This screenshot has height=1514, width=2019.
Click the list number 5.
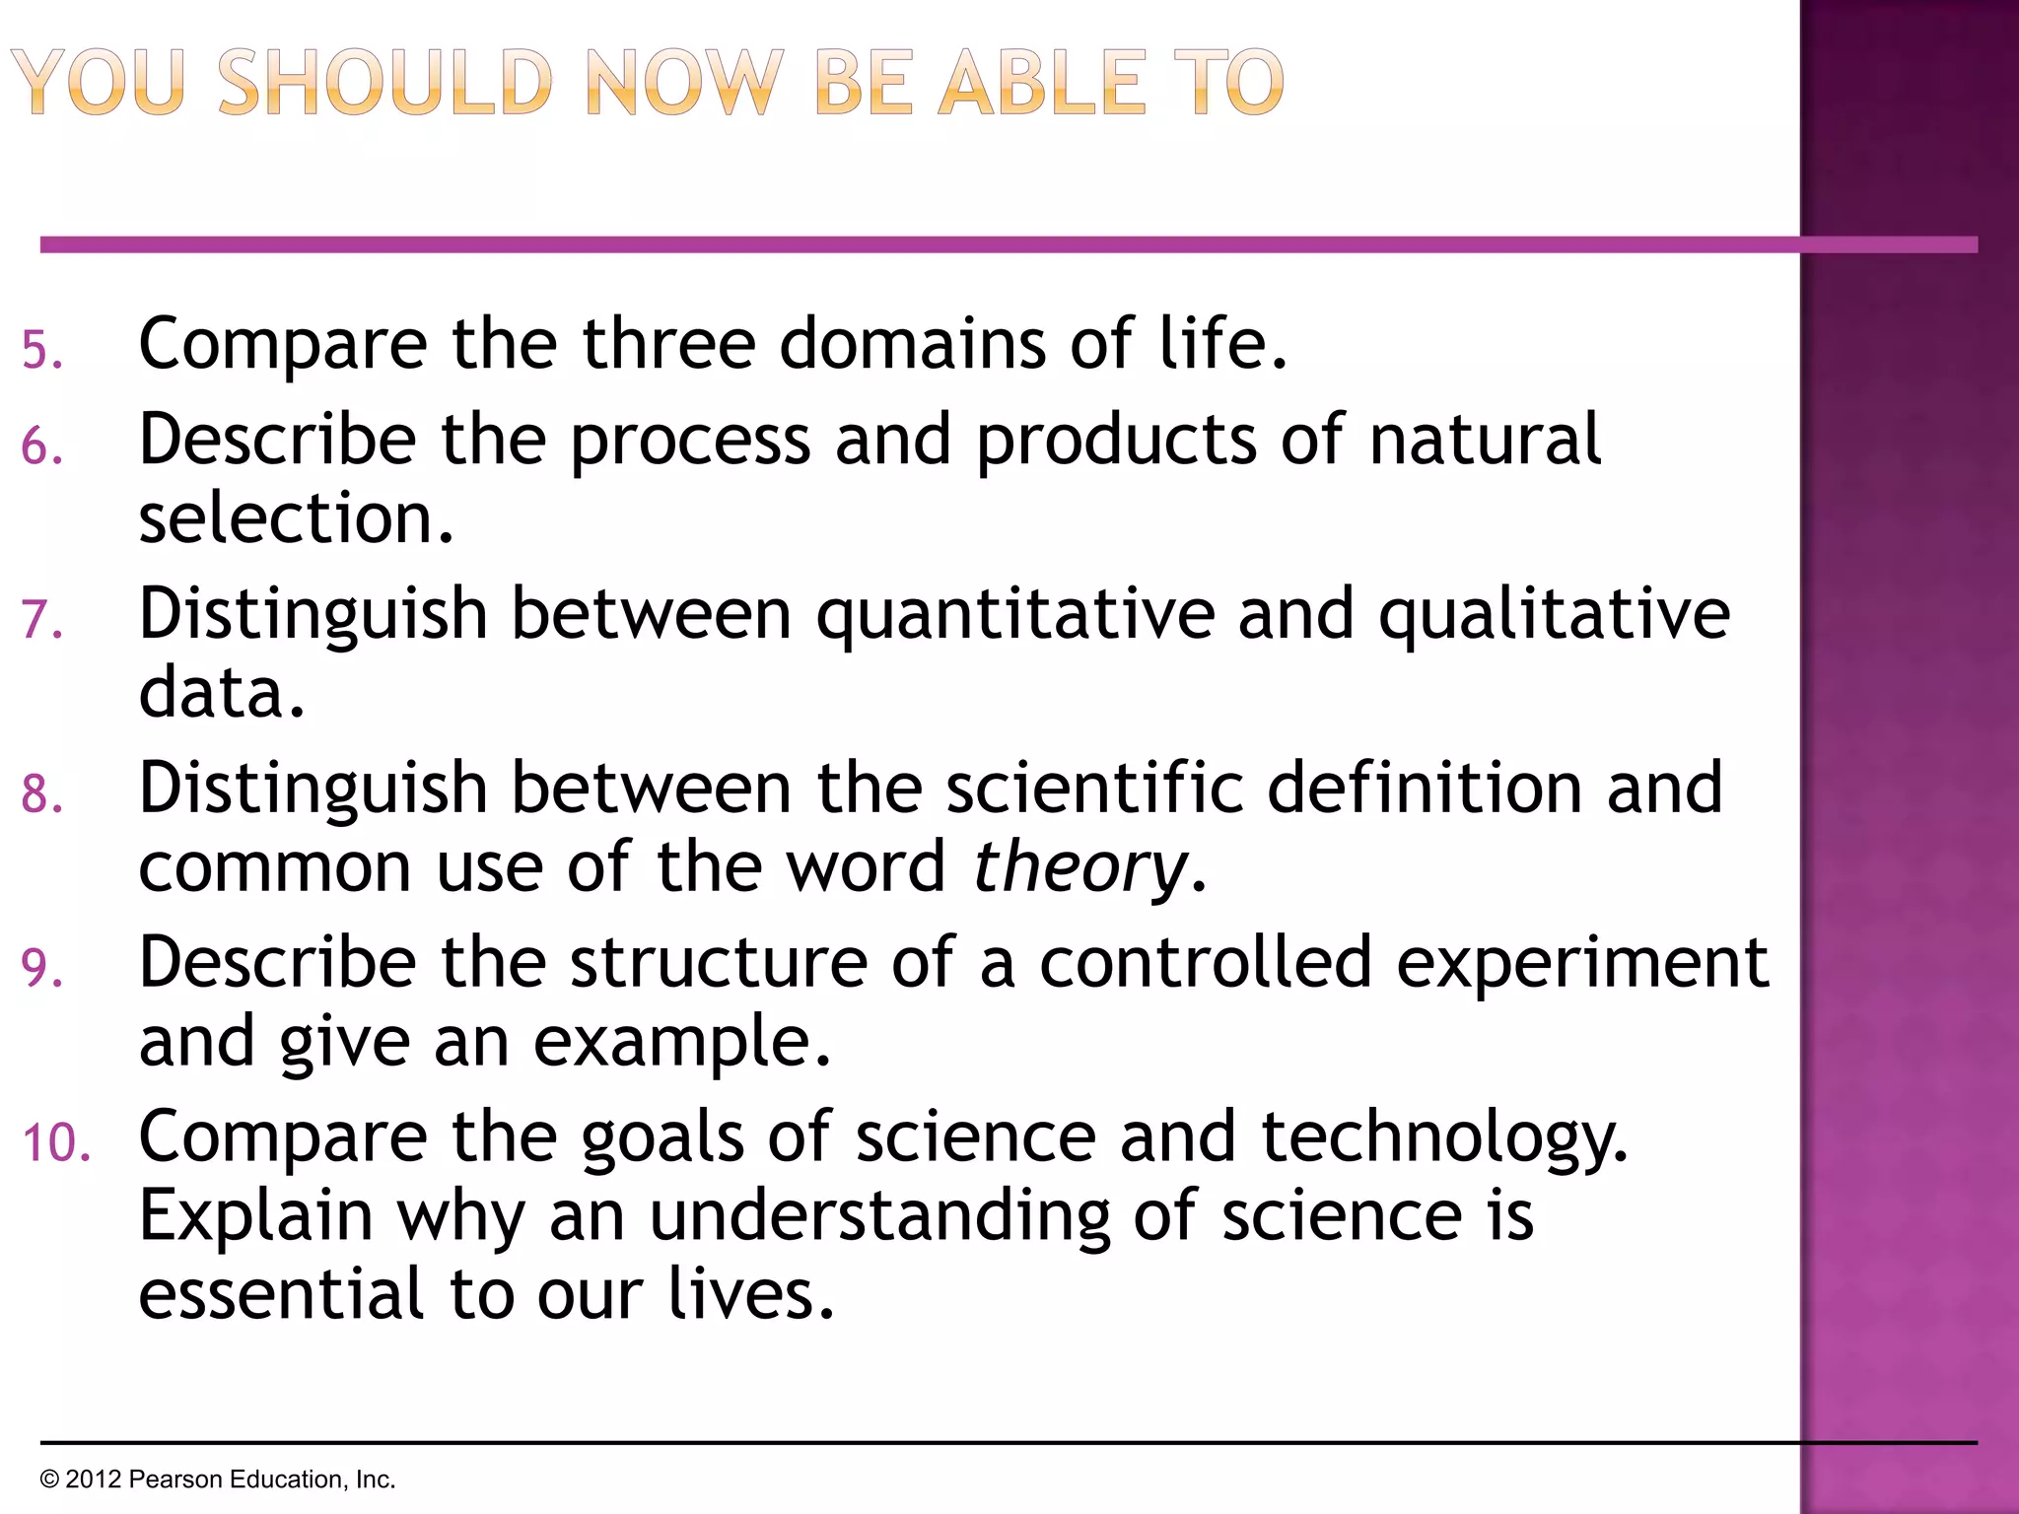(x=41, y=351)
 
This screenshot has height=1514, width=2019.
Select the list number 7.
(x=41, y=621)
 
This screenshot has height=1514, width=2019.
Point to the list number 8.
(x=41, y=794)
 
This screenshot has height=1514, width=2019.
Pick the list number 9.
(x=41, y=969)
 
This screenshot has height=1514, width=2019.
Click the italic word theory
(x=1080, y=868)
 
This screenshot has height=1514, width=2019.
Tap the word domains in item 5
(x=912, y=344)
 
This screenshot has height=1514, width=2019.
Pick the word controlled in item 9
(x=1205, y=962)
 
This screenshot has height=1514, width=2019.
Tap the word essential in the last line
(x=282, y=1293)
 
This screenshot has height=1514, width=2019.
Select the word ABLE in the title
(x=1041, y=83)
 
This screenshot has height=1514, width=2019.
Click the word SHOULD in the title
(x=384, y=83)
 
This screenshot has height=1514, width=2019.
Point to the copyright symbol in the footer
(x=49, y=1480)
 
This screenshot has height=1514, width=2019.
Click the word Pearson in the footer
(x=175, y=1480)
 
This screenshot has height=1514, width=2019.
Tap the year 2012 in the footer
(x=94, y=1480)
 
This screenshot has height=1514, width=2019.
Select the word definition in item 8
(x=1426, y=789)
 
